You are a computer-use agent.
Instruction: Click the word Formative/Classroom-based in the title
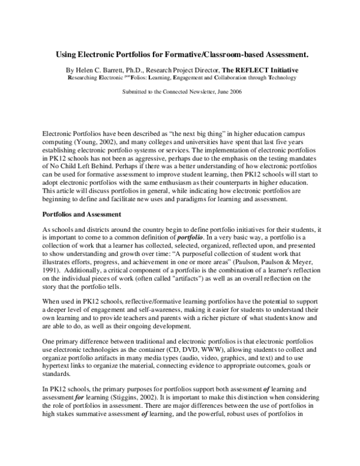coord(206,54)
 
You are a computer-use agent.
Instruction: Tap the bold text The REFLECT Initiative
coord(259,70)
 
